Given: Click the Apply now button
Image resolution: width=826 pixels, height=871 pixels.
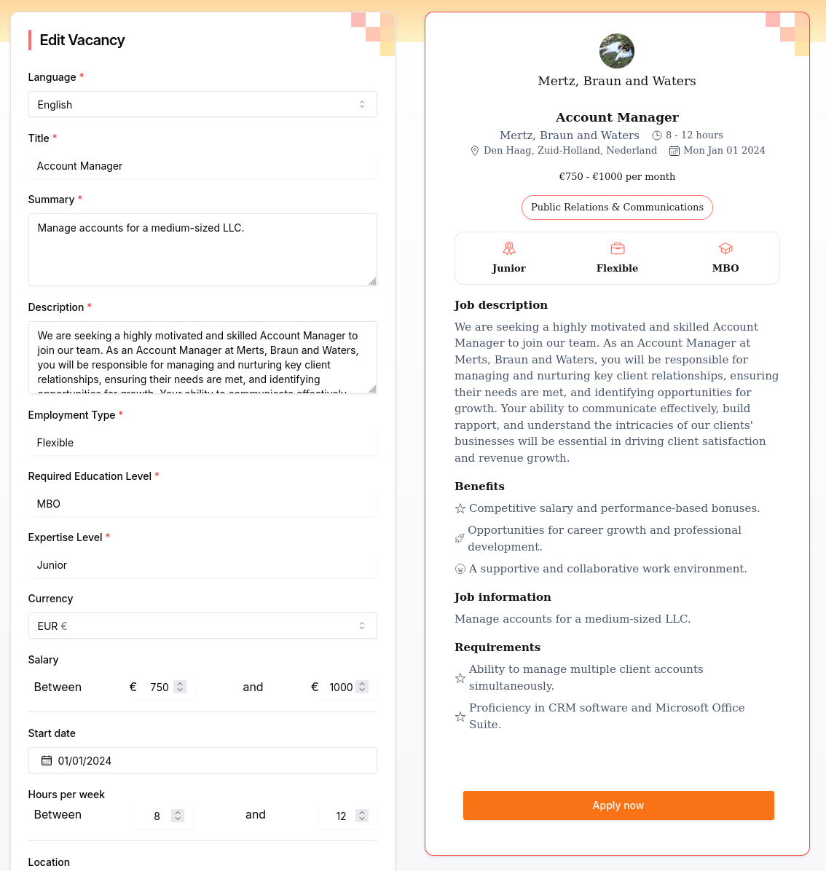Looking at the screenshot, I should point(618,805).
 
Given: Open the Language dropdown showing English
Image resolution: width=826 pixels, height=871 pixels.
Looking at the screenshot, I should point(202,104).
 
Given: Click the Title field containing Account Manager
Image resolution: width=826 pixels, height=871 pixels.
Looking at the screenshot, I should point(202,166).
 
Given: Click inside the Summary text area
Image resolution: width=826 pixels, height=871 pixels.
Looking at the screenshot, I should point(202,250).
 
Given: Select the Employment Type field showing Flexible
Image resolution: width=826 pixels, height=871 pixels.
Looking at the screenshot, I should point(202,443).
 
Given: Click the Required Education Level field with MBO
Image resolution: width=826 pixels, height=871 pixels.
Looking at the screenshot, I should point(202,504).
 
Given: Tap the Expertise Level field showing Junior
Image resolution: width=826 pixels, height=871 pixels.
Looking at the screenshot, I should point(202,565).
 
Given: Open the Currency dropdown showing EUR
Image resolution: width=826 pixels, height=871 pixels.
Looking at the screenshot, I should point(202,626).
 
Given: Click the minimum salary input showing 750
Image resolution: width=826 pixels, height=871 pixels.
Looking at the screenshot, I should point(160,687).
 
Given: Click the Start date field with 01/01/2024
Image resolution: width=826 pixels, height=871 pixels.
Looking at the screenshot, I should point(202,760).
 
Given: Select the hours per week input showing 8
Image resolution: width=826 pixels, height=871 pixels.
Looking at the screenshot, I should point(157,816).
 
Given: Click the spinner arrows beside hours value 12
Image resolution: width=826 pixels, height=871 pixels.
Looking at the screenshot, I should point(362,816).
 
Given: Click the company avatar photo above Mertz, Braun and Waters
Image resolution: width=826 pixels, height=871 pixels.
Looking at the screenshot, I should point(617,51).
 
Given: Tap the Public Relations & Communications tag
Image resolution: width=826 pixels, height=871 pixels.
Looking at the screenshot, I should point(617,207).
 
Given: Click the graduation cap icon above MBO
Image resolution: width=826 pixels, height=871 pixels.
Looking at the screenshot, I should point(725,249).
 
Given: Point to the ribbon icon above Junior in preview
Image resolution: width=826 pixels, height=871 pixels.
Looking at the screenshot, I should point(508,249).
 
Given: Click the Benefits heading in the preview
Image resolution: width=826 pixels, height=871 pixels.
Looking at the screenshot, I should point(479,486).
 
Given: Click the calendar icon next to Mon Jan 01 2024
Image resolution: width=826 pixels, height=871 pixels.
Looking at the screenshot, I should point(674,151).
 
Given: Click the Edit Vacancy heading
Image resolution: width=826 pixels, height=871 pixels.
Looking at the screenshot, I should point(82,40).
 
